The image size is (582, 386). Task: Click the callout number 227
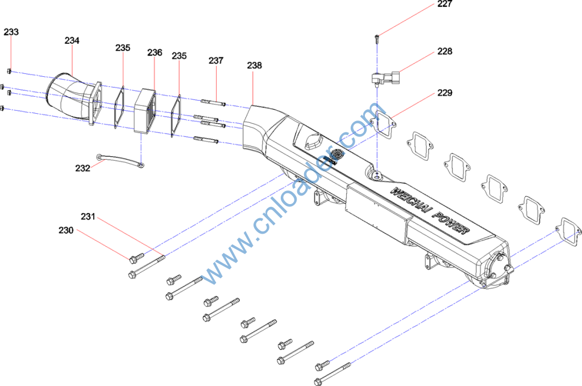pyautogui.click(x=444, y=4)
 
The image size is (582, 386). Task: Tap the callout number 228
pyautogui.click(x=444, y=51)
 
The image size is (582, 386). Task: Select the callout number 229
pyautogui.click(x=444, y=93)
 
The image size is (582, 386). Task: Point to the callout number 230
pyautogui.click(x=66, y=230)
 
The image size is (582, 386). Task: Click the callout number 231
pyautogui.click(x=88, y=217)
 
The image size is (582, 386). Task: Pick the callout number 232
pyautogui.click(x=83, y=168)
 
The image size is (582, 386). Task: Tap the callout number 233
pyautogui.click(x=11, y=32)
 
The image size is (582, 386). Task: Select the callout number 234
pyautogui.click(x=72, y=40)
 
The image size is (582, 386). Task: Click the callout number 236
pyautogui.click(x=155, y=52)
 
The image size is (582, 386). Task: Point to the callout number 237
pyautogui.click(x=216, y=60)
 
